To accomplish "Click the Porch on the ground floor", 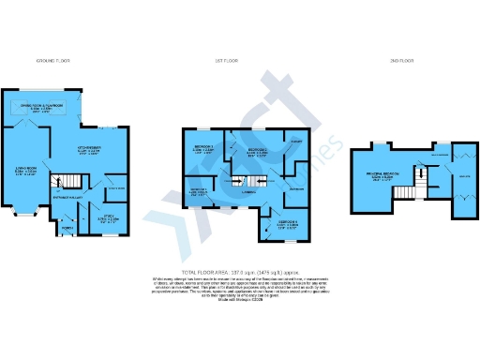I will tap(67, 228).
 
